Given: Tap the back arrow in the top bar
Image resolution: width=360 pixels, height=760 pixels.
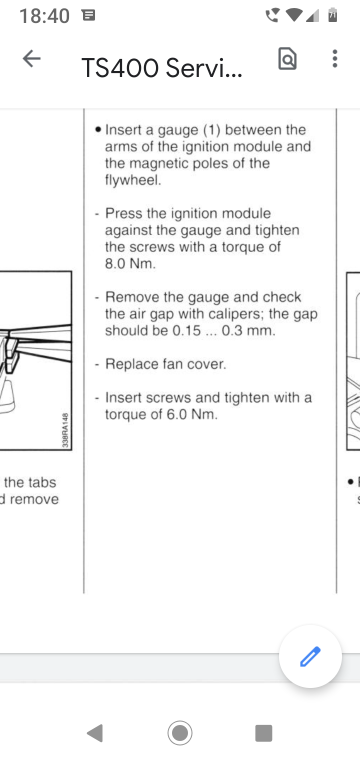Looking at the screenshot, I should click(x=31, y=59).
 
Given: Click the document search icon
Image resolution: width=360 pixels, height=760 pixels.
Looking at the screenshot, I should click(x=287, y=59).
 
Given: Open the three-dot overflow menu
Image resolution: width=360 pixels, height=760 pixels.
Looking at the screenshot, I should click(x=334, y=59).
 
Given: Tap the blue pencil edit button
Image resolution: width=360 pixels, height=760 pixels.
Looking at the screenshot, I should click(x=310, y=656).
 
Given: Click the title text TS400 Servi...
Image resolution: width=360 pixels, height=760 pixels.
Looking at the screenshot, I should click(x=161, y=68).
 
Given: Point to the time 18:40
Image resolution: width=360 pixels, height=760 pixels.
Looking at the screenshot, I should click(x=44, y=16).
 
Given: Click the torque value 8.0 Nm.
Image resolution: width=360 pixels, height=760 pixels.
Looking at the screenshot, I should click(x=130, y=264).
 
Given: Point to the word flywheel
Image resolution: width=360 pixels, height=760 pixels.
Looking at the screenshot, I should click(x=133, y=180).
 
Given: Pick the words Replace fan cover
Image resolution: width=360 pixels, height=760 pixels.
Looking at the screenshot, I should click(x=165, y=364).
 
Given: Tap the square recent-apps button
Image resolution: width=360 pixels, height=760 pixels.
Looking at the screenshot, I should click(x=263, y=733).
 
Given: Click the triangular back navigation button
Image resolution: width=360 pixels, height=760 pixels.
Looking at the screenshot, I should click(x=95, y=733).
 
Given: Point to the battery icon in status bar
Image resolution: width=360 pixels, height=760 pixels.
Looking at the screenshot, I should click(x=332, y=15).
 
